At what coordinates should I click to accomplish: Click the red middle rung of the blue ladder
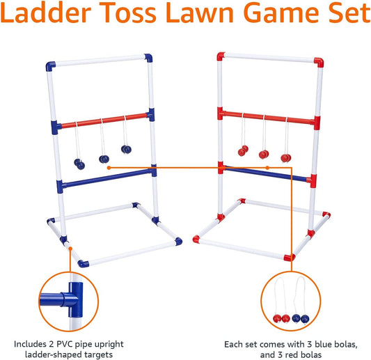104,120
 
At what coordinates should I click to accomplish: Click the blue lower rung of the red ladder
265,173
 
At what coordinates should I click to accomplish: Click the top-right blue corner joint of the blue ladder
149,57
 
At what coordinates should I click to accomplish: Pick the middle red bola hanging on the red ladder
263,153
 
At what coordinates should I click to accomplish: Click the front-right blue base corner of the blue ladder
179,241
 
